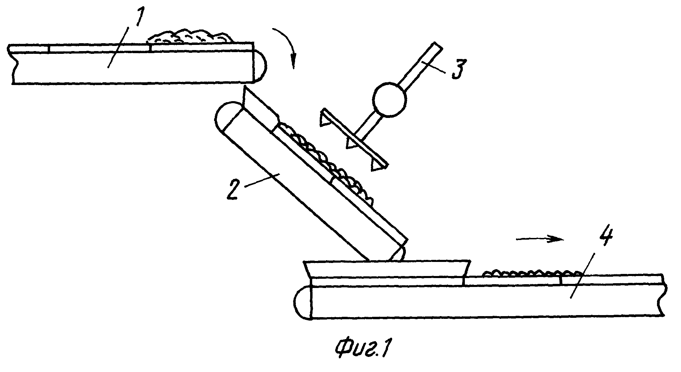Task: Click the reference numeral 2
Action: coord(235,190)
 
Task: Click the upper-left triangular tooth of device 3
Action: coord(325,119)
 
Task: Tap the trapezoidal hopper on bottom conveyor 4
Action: coord(386,269)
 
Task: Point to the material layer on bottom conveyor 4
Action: coord(532,273)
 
